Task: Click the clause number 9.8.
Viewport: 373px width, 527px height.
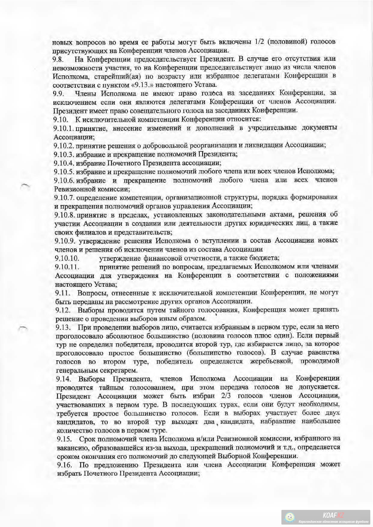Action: click(x=58, y=59)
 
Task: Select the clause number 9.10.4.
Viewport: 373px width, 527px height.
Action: click(x=64, y=163)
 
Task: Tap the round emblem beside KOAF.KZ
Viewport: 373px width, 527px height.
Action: click(x=290, y=517)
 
